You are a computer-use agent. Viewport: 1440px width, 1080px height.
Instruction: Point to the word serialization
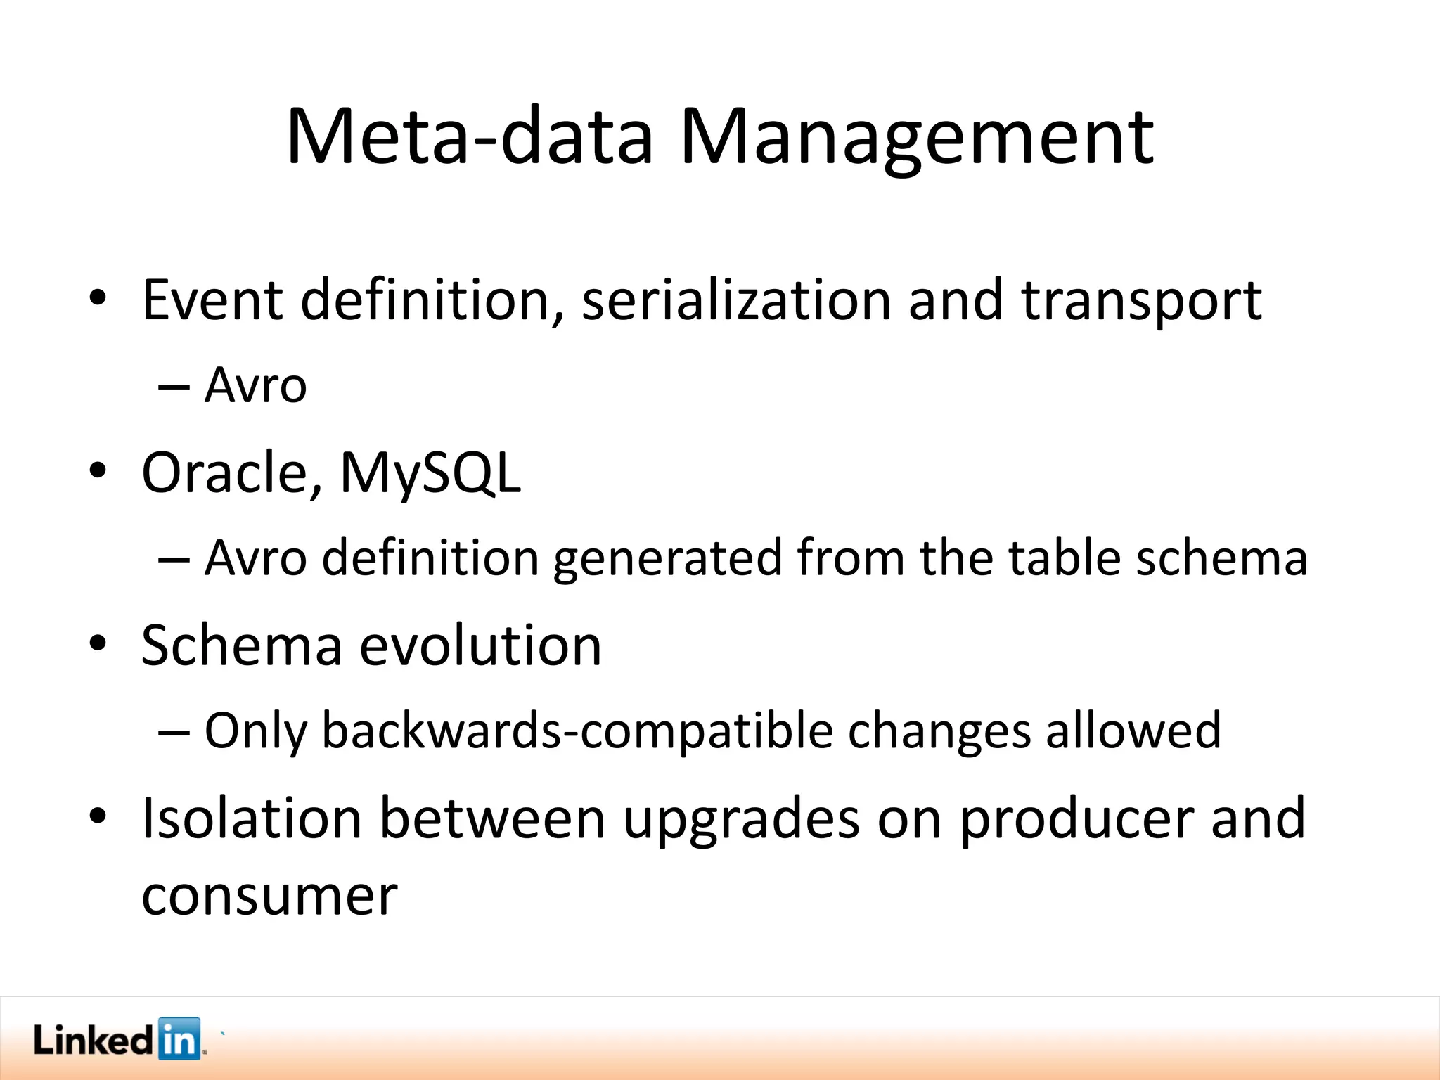[x=736, y=300]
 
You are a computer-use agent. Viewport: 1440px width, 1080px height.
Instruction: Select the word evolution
[x=481, y=645]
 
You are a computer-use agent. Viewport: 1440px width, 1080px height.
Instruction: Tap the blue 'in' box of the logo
[x=179, y=1039]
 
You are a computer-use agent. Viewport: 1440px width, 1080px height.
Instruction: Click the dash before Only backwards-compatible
[x=174, y=731]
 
